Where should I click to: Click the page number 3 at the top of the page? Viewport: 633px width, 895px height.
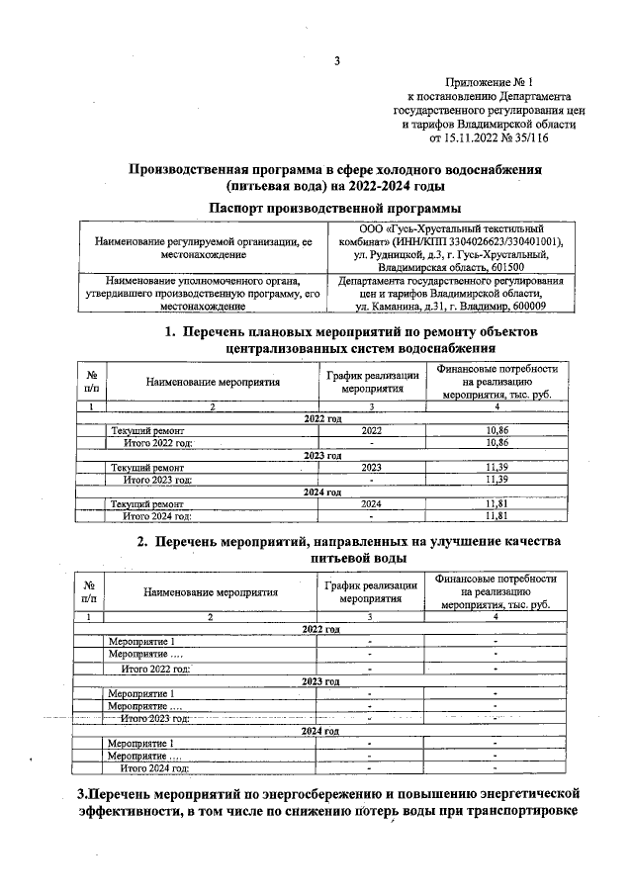click(x=336, y=61)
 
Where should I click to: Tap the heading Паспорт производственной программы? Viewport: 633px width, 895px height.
click(x=335, y=207)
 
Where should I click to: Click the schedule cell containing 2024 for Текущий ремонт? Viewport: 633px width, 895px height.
click(x=371, y=503)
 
